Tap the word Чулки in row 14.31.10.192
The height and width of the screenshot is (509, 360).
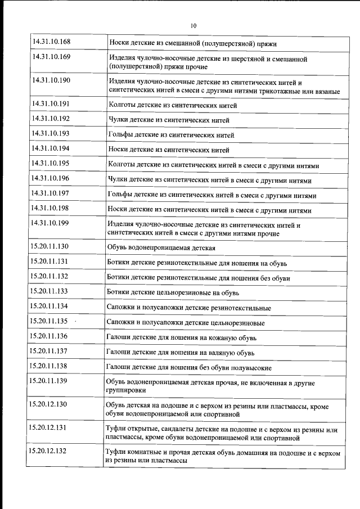(x=117, y=120)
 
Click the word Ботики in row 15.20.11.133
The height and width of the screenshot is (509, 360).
(x=119, y=292)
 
